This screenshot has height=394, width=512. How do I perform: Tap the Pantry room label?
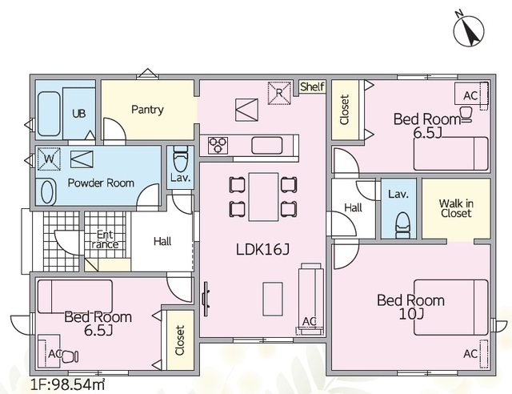coord(147,110)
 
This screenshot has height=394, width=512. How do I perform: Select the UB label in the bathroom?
coord(79,114)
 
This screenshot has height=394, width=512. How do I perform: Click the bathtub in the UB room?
coord(49,114)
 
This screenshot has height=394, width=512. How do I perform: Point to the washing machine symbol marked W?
coord(49,159)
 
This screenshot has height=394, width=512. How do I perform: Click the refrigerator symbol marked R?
coord(279,93)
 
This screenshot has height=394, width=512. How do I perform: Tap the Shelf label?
coord(313,86)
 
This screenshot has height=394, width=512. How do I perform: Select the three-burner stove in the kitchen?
coord(218,146)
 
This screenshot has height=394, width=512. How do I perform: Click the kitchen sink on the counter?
coord(266,146)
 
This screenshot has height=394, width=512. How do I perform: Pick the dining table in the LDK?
coord(263,197)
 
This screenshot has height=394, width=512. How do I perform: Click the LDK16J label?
coord(263,250)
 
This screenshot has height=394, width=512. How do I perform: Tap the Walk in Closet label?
coord(456,208)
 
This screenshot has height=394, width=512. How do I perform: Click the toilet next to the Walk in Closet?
coord(402,225)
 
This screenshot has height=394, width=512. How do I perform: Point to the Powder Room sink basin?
coord(46,192)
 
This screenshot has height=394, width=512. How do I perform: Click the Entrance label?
coord(105,239)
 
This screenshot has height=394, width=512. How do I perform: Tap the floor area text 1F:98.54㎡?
coord(67,384)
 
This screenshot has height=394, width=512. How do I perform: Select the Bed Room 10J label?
coord(410,307)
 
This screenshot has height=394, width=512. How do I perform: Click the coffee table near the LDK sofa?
coord(273,300)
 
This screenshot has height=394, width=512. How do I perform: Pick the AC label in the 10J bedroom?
coord(470,354)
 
